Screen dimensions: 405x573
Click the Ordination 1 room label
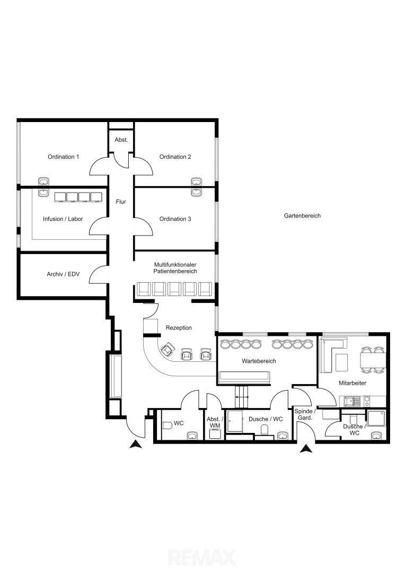tap(63, 157)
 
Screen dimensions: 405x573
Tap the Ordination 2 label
tap(175, 157)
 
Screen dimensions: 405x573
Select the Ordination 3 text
tap(175, 219)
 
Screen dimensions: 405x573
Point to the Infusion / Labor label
tap(63, 219)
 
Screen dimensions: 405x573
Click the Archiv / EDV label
tap(63, 274)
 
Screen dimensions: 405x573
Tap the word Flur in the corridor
tap(121, 202)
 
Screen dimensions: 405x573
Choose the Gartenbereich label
tap(302, 215)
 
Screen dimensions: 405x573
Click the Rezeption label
tap(179, 328)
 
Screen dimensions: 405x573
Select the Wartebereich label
tap(259, 361)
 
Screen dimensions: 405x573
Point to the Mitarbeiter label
tap(353, 383)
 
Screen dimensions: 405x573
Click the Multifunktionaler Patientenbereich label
tap(175, 268)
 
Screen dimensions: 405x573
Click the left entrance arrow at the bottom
tap(136, 445)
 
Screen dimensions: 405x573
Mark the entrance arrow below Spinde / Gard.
tap(306, 449)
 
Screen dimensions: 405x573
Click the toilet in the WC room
tap(166, 426)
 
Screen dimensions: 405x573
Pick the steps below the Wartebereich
tap(241, 396)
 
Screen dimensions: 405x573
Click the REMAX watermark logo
tap(202, 558)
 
